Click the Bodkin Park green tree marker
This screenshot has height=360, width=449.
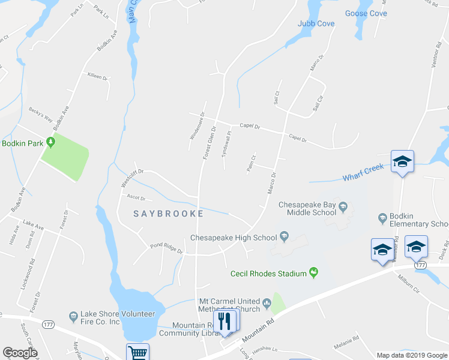pos(51,142)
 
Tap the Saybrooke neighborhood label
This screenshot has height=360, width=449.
pos(168,214)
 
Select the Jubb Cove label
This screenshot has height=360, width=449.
pos(316,24)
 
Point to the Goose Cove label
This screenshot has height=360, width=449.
pos(366,13)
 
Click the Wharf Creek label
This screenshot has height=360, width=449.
pos(363,173)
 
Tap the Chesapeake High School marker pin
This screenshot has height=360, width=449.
pos(285,237)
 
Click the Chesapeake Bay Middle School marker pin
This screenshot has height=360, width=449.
pos(343,208)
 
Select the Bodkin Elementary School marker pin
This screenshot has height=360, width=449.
pos(381,217)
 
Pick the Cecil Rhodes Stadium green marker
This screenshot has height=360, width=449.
pos(313,274)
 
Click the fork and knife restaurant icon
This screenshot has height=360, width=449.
pos(224,321)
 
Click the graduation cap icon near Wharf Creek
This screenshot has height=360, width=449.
pos(402,161)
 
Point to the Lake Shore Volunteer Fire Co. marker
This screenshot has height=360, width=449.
pos(73,315)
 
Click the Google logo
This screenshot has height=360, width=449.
pos(20,353)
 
